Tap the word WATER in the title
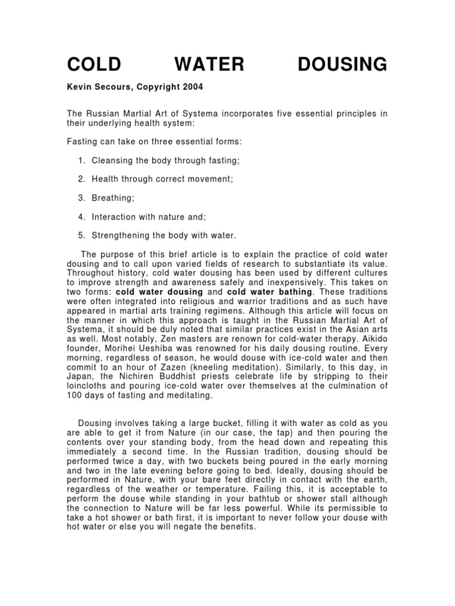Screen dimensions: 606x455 [213, 64]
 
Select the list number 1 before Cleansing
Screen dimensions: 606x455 [81, 160]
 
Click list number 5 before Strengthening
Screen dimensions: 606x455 [81, 235]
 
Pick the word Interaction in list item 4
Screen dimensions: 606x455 [114, 217]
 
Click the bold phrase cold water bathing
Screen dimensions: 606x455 [272, 292]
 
